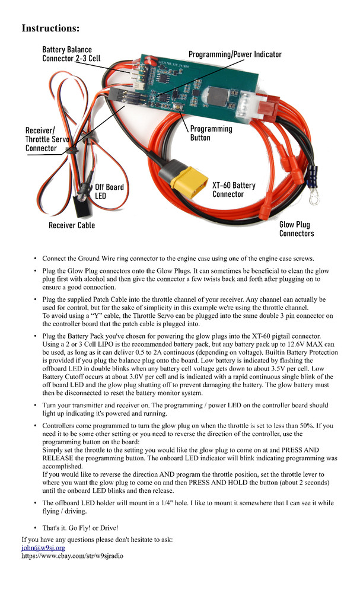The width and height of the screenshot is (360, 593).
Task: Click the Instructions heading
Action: tap(51, 28)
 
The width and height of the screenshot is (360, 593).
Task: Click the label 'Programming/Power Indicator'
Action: tap(235, 55)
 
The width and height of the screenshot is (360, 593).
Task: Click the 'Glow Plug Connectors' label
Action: tap(297, 229)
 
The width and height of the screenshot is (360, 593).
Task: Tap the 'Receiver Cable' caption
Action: tap(72, 225)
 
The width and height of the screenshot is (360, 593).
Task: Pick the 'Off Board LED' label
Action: tap(109, 192)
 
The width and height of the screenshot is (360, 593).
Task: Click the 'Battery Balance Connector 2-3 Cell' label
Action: tap(67, 55)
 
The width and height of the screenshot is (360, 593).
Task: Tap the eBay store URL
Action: tap(72, 556)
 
